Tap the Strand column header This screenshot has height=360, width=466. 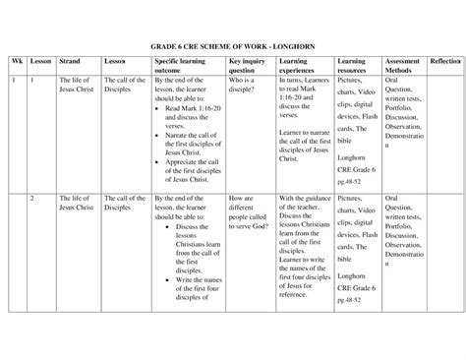[x=69, y=61]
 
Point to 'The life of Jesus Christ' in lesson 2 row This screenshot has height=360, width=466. [x=76, y=204]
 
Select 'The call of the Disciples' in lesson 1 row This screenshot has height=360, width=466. [x=125, y=90]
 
